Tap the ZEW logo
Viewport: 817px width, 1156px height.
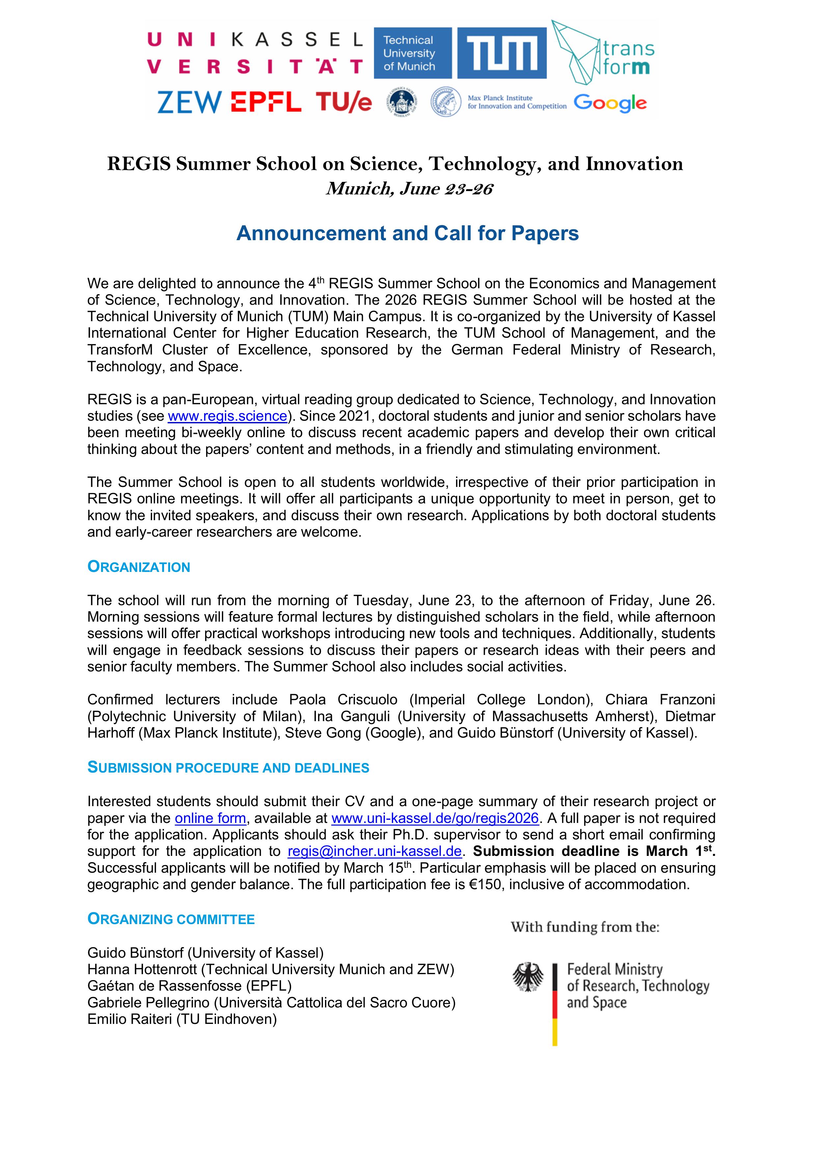[189, 103]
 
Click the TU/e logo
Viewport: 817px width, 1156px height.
[344, 103]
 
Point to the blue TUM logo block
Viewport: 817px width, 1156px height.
[502, 53]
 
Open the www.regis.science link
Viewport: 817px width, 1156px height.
[227, 416]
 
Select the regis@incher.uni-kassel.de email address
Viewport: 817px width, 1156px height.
[374, 851]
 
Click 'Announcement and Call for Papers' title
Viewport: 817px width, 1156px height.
[407, 233]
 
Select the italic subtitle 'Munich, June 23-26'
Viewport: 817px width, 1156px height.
[409, 188]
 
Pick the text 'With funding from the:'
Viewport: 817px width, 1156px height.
[585, 927]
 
